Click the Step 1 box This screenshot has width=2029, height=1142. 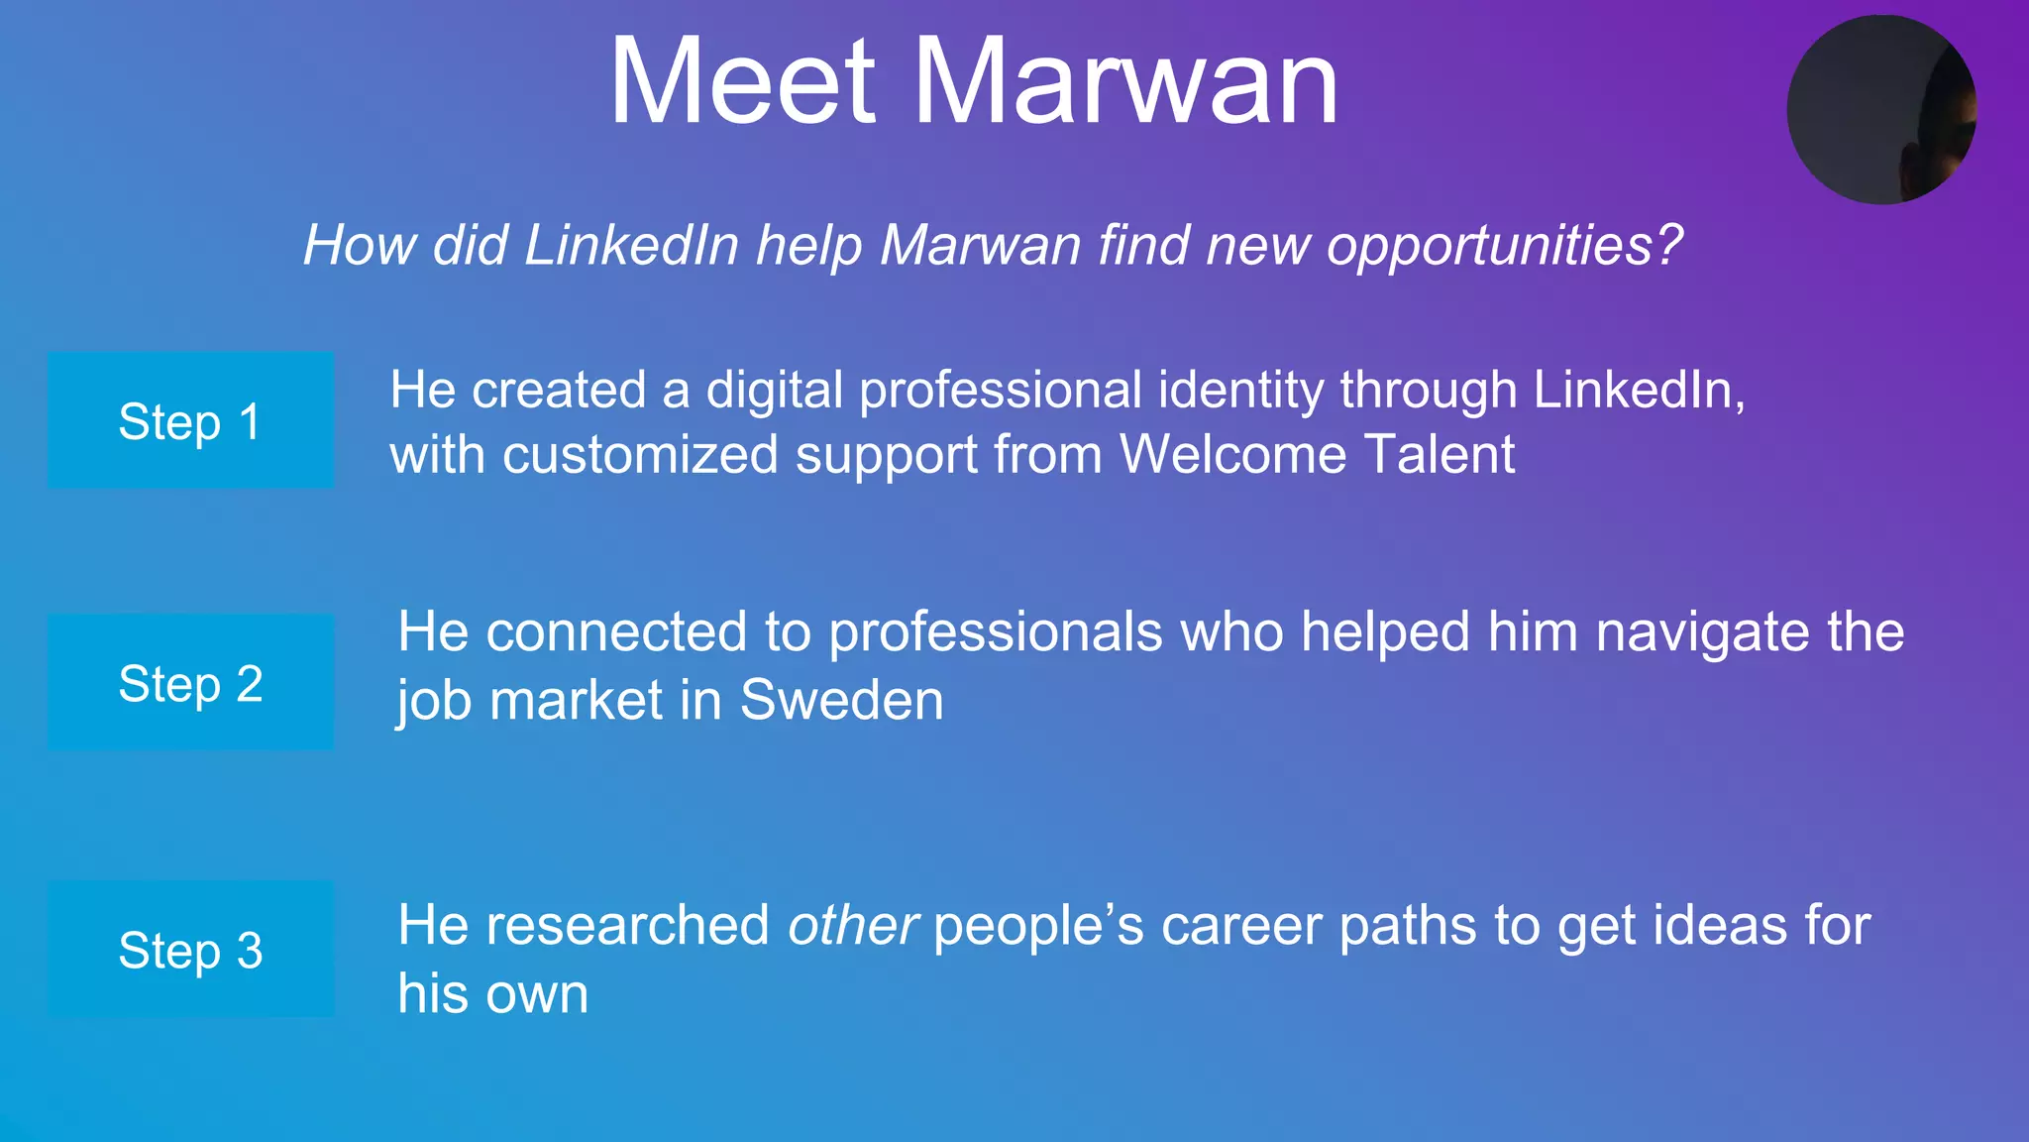click(x=190, y=420)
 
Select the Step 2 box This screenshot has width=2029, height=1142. click(x=190, y=682)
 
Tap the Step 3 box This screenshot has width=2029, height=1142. click(x=190, y=949)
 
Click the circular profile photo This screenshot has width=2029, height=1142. click(x=1880, y=110)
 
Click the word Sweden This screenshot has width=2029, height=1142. click(x=842, y=700)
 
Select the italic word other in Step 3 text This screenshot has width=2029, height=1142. click(x=852, y=925)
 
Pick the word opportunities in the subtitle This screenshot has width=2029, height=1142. click(x=1504, y=244)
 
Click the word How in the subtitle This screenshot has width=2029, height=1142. click(x=359, y=244)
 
